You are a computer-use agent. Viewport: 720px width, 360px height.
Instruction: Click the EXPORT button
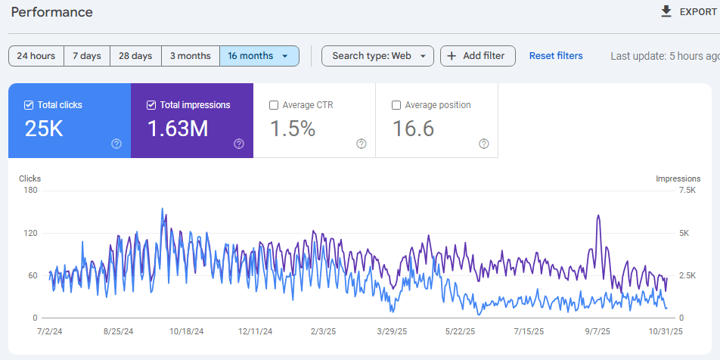[688, 11]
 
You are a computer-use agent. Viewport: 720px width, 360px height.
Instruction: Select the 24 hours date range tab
[36, 56]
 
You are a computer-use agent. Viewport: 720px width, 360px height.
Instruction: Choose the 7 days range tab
[87, 56]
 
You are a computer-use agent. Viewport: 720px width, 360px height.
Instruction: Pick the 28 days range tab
[135, 56]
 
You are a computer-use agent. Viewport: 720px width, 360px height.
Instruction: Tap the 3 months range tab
[191, 56]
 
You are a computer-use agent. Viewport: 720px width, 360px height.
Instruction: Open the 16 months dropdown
[259, 56]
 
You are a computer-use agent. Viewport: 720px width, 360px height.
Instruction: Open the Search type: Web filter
[377, 56]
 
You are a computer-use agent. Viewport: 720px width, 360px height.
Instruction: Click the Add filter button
[477, 56]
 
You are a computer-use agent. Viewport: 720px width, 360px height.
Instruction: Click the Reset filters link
[556, 56]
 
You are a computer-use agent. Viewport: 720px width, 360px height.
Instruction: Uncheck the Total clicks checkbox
[29, 105]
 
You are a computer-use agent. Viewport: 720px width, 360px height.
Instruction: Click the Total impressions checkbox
[151, 105]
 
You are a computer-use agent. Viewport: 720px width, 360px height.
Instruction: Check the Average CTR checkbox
[274, 105]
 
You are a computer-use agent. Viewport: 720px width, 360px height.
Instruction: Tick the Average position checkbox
[396, 105]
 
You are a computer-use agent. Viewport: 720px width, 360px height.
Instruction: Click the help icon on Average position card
[484, 144]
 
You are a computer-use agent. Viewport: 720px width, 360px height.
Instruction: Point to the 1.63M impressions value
[178, 129]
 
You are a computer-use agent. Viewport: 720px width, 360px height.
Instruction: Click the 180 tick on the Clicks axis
[30, 191]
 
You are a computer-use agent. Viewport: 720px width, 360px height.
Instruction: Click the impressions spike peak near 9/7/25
[598, 216]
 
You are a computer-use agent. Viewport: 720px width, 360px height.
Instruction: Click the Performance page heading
[52, 12]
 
